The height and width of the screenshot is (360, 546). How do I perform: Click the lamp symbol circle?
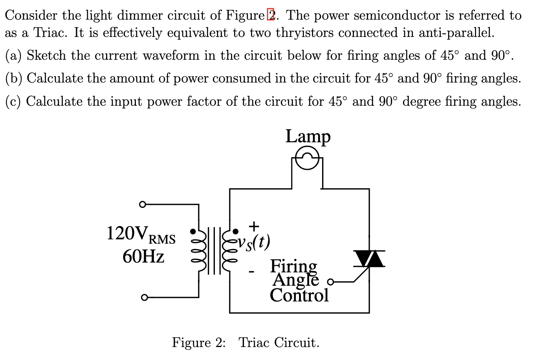[307, 159]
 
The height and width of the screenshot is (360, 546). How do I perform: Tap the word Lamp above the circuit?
[308, 136]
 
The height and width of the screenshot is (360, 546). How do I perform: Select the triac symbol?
[369, 259]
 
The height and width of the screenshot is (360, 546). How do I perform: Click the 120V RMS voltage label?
[141, 234]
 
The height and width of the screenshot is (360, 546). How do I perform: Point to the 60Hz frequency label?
[143, 257]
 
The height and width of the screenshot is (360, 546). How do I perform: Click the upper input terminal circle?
[143, 204]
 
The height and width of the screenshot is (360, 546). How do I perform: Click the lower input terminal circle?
[144, 298]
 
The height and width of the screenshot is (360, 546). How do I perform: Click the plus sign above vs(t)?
[254, 226]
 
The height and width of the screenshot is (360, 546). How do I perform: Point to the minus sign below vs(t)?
[252, 271]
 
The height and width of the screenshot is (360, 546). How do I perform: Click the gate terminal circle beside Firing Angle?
[330, 282]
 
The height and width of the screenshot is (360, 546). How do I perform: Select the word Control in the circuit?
[299, 295]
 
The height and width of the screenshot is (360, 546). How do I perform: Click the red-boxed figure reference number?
[271, 15]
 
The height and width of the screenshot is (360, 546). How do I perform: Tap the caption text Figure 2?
[199, 342]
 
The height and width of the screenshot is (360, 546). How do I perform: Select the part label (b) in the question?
[14, 78]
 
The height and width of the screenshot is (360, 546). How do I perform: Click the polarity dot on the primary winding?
[193, 231]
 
